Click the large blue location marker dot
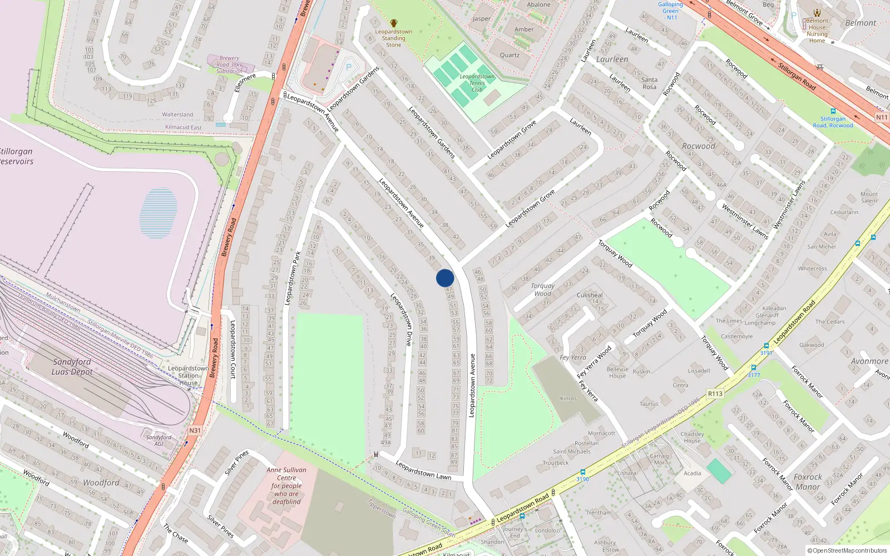click(x=445, y=278)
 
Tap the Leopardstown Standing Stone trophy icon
click(x=394, y=23)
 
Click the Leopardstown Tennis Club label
click(x=477, y=83)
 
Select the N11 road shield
click(x=882, y=117)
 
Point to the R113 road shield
click(x=715, y=394)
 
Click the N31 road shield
click(x=195, y=430)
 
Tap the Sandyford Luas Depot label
click(x=72, y=367)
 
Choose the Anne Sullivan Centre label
click(x=286, y=485)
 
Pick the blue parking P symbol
click(x=349, y=67)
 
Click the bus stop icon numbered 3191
click(x=767, y=346)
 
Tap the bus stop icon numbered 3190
click(x=582, y=472)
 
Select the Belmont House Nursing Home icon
click(x=817, y=13)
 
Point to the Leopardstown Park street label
click(x=293, y=277)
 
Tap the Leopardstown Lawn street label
click(x=423, y=471)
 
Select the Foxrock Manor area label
click(x=808, y=482)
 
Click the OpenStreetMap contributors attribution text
click(x=847, y=550)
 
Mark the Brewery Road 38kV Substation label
click(x=229, y=64)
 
